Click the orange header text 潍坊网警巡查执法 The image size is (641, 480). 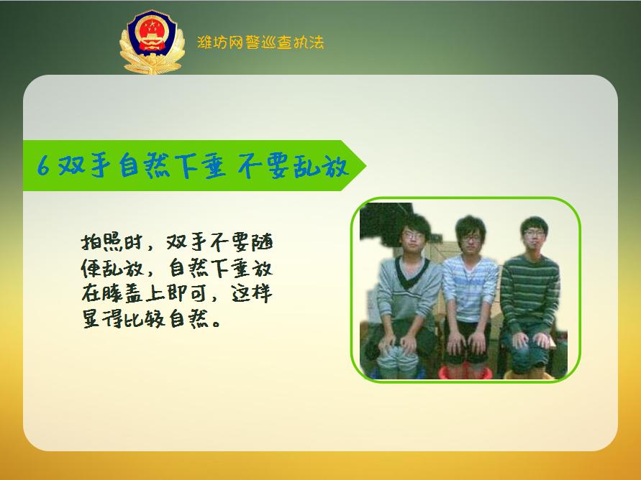260,42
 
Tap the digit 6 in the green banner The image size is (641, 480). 42,167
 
